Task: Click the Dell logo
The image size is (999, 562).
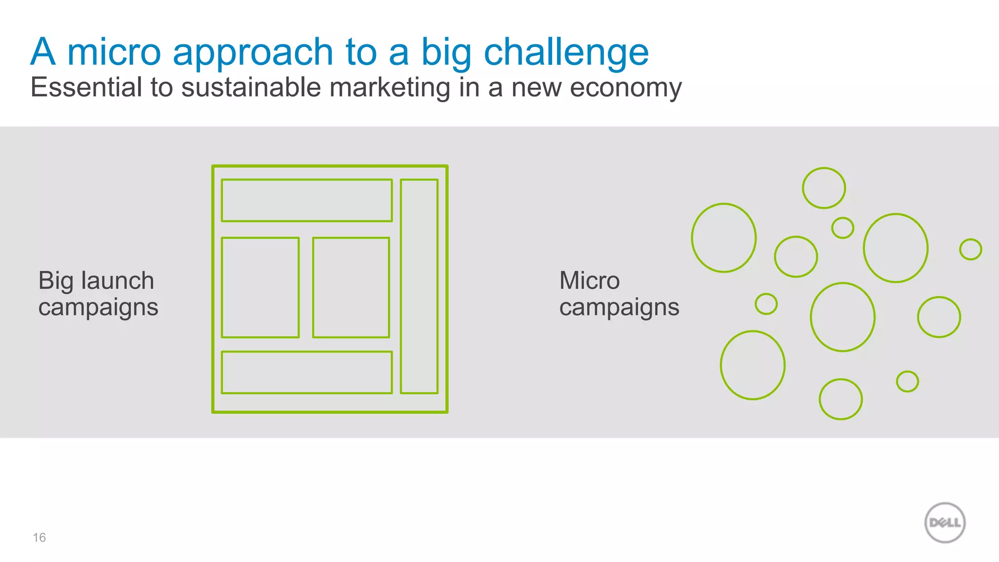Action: [x=945, y=522]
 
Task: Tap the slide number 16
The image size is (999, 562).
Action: [x=39, y=538]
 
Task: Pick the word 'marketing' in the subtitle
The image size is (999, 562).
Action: [x=389, y=88]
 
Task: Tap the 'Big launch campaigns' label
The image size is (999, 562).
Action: [x=98, y=294]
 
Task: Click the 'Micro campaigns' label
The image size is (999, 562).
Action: [x=619, y=294]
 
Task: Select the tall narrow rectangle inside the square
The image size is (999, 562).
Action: [x=419, y=286]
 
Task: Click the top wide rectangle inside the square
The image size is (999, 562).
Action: [x=307, y=201]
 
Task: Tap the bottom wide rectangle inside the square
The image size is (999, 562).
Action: [x=307, y=372]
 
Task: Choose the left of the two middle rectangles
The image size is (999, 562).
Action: [x=260, y=287]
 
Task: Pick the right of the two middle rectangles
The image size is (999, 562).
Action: [x=351, y=287]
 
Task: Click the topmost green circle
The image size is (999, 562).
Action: [x=824, y=188]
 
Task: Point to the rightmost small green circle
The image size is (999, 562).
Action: [x=970, y=249]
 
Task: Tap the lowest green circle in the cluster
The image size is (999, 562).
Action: [x=840, y=399]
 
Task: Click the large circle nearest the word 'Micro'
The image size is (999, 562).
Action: [x=724, y=238]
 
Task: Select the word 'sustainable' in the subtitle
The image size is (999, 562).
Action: [x=251, y=87]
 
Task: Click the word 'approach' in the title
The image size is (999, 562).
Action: [x=253, y=53]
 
